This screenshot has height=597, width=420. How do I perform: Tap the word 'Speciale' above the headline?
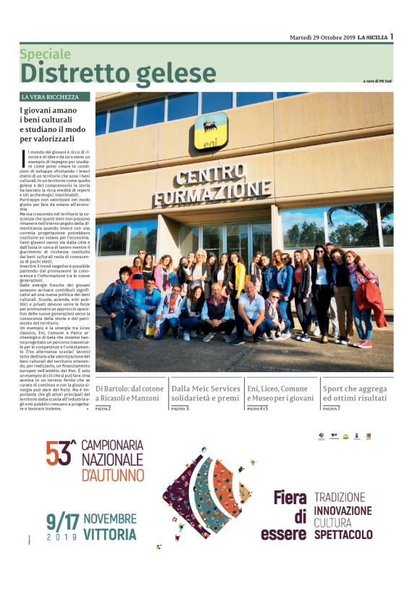[46, 54]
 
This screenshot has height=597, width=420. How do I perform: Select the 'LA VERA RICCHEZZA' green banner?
[55, 96]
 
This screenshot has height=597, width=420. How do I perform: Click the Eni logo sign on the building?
[210, 131]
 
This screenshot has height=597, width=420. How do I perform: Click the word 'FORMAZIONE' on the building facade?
[212, 194]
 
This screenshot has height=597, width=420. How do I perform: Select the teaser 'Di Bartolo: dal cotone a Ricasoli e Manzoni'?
[130, 393]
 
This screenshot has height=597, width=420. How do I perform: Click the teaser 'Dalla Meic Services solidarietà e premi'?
[206, 393]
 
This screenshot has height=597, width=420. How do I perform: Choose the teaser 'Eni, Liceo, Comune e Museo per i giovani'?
[281, 393]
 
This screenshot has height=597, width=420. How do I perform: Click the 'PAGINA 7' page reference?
[332, 409]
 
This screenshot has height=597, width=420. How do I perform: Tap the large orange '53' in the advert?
[61, 453]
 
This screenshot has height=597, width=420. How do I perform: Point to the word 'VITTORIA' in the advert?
[109, 535]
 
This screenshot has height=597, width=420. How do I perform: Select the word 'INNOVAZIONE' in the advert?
[343, 511]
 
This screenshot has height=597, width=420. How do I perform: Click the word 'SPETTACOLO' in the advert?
[343, 535]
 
